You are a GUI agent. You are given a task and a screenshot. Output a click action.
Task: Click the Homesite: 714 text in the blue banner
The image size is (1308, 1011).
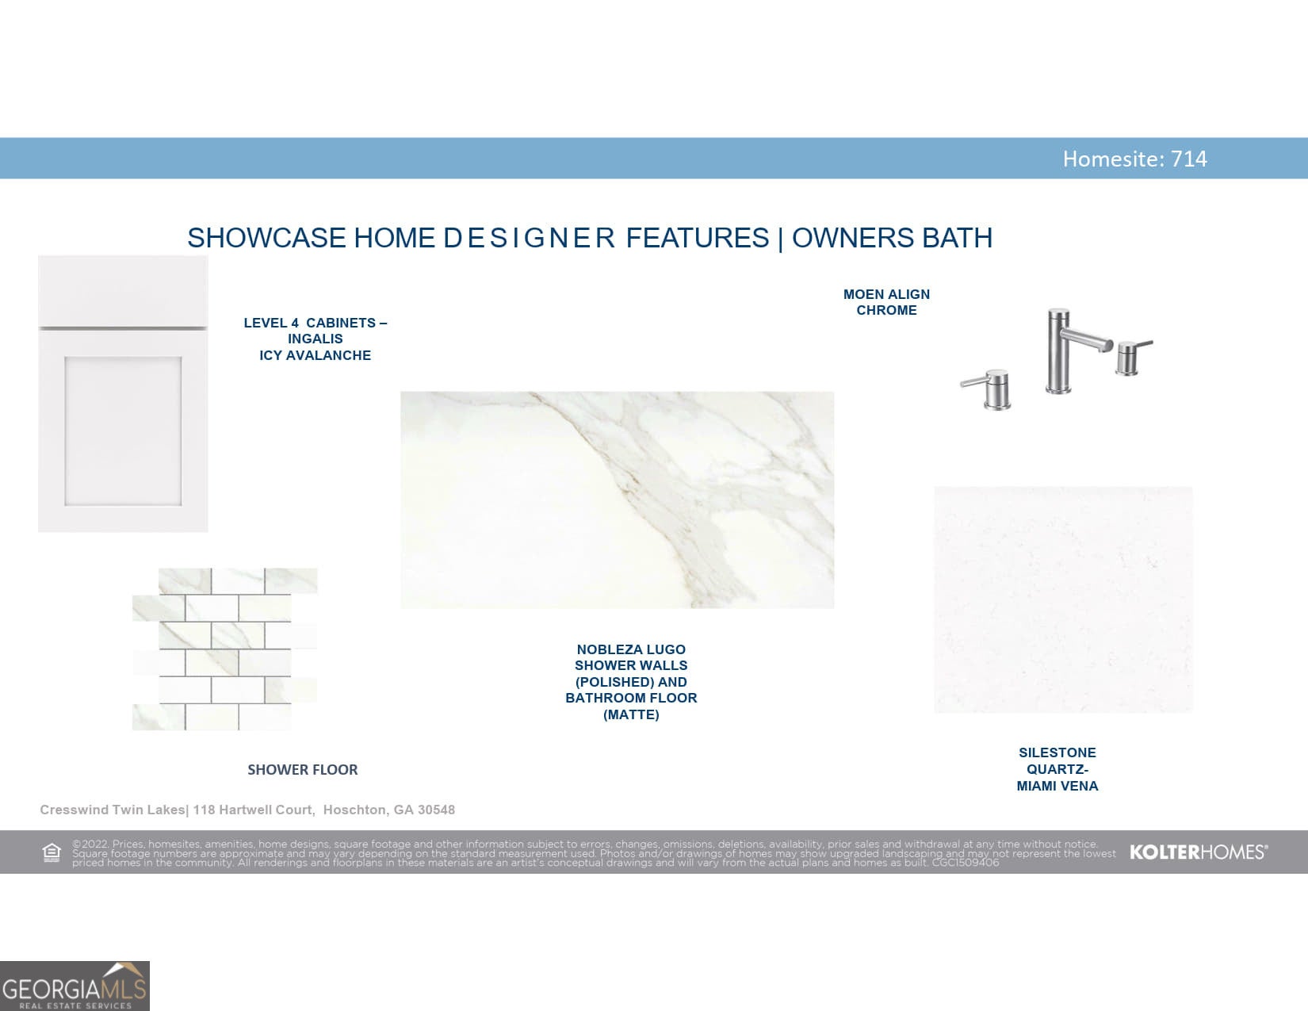1134,159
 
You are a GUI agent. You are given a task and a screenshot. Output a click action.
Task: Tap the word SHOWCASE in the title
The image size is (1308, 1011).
266,238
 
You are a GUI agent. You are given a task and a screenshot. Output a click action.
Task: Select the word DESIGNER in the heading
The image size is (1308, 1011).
529,238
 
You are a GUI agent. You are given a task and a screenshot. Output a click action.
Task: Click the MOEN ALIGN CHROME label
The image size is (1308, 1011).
886,302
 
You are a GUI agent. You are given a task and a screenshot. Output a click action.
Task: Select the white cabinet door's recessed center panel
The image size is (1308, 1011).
123,431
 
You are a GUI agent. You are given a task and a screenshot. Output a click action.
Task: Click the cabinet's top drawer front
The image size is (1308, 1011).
123,292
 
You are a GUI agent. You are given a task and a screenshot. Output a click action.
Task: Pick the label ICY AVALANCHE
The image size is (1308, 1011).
315,355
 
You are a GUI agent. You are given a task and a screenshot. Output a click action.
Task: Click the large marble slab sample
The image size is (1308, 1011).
617,500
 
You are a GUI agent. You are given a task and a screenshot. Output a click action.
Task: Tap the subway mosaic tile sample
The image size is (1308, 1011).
224,649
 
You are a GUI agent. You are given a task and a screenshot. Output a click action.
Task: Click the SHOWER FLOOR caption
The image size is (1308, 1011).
302,769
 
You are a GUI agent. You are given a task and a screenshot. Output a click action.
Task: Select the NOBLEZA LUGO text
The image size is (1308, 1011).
631,649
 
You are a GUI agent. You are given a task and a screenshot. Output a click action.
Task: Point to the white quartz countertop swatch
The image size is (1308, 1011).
1063,599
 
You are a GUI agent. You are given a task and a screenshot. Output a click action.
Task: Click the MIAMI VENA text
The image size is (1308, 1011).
1057,786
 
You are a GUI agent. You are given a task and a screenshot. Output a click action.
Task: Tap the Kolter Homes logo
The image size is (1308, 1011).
1199,852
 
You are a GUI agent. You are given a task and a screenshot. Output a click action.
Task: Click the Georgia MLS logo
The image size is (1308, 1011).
75,986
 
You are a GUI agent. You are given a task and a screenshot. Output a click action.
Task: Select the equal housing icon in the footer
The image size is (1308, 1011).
52,852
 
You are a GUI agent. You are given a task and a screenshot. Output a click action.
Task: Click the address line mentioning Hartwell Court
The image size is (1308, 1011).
247,810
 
